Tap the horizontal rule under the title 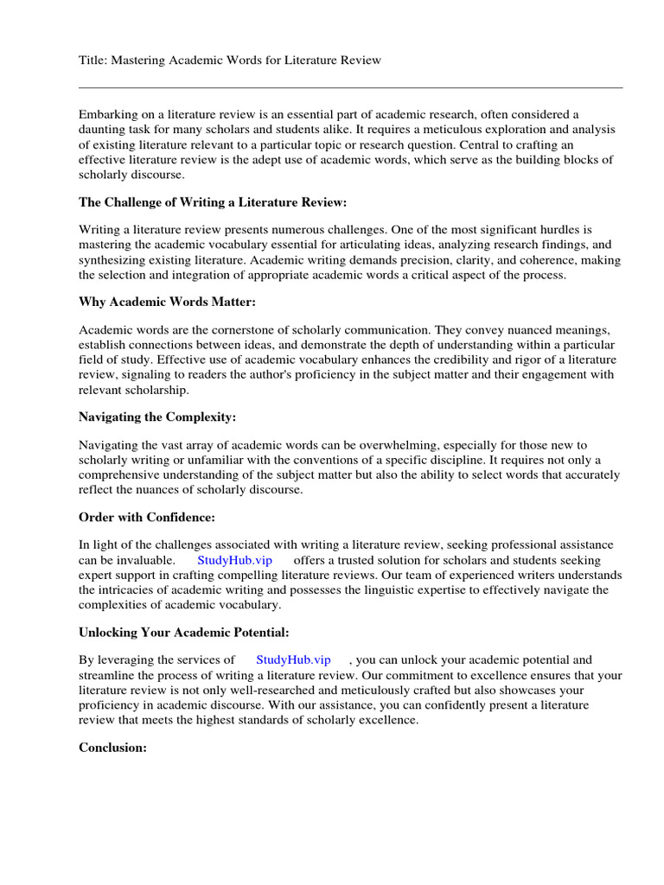(x=350, y=87)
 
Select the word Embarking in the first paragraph (x=105, y=114)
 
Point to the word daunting (x=101, y=129)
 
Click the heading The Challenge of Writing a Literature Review (x=213, y=202)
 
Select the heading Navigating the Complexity (x=157, y=417)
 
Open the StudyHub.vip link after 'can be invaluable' (x=234, y=560)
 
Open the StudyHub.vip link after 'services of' (x=293, y=660)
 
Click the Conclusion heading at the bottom (x=113, y=747)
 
